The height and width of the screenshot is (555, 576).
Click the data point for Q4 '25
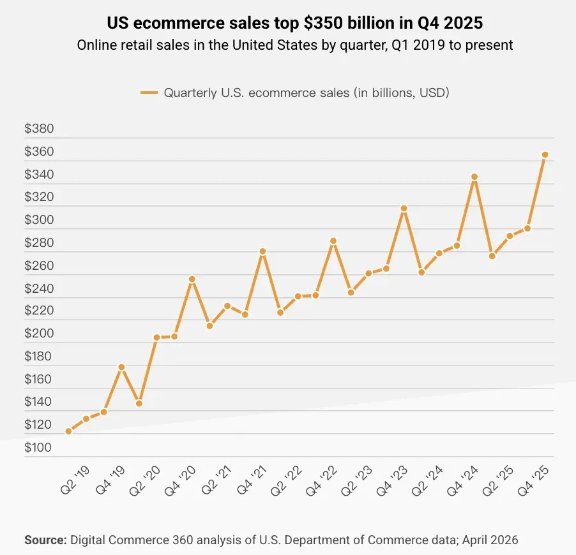545,155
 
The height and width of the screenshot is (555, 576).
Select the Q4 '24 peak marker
474,177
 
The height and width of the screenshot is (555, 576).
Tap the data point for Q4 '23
404,209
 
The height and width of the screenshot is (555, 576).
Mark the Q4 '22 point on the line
333,241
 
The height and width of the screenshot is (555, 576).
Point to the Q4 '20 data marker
192,279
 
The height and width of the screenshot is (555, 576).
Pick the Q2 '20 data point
157,337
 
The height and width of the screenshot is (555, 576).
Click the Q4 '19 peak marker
121,367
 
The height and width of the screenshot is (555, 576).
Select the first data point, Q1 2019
68,431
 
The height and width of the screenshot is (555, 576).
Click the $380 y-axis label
39,128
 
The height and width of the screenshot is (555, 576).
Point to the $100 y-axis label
38,447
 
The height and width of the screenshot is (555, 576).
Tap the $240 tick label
39,288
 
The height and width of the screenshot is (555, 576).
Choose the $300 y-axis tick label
39,220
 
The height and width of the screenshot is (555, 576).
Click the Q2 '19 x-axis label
75,480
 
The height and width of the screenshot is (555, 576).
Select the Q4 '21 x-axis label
252,480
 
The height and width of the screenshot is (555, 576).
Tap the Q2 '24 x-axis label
428,480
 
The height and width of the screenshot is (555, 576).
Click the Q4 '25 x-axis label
533,480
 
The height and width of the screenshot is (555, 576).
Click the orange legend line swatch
149,93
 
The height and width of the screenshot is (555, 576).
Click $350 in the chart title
324,23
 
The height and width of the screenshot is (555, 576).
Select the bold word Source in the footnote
45,540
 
